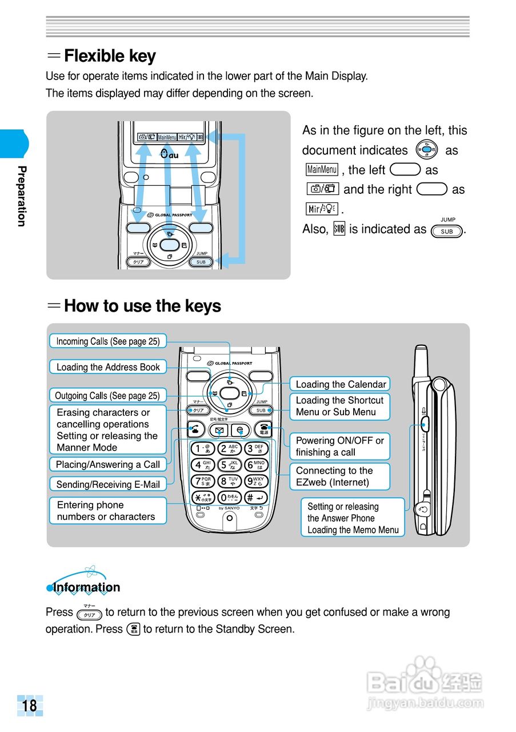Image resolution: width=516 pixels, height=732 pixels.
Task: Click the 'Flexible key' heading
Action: (x=110, y=56)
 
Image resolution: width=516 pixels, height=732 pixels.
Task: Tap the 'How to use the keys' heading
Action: (x=142, y=306)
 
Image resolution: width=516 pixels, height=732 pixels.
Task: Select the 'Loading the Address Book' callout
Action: (x=108, y=367)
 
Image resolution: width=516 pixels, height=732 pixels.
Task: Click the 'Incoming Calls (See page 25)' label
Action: (x=108, y=341)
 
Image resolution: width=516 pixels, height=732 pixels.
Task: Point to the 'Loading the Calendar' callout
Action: (x=341, y=384)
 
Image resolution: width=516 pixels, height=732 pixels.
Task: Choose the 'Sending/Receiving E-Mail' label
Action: (x=108, y=484)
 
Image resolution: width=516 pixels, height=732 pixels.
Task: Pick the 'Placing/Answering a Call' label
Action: (x=108, y=464)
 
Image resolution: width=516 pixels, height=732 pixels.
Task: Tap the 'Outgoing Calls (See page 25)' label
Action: (x=107, y=396)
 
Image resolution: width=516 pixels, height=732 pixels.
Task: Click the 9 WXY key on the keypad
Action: (x=256, y=482)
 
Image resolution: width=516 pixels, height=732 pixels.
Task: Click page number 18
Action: (x=30, y=705)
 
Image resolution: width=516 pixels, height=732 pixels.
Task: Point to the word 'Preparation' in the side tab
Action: (x=22, y=196)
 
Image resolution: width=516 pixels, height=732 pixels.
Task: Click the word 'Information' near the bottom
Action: (x=87, y=587)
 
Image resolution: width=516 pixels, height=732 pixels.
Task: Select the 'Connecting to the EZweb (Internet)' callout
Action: (x=339, y=476)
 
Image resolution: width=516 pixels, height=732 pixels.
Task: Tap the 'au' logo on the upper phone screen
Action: (x=170, y=154)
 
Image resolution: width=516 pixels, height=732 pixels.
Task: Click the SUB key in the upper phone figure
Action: (x=201, y=262)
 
